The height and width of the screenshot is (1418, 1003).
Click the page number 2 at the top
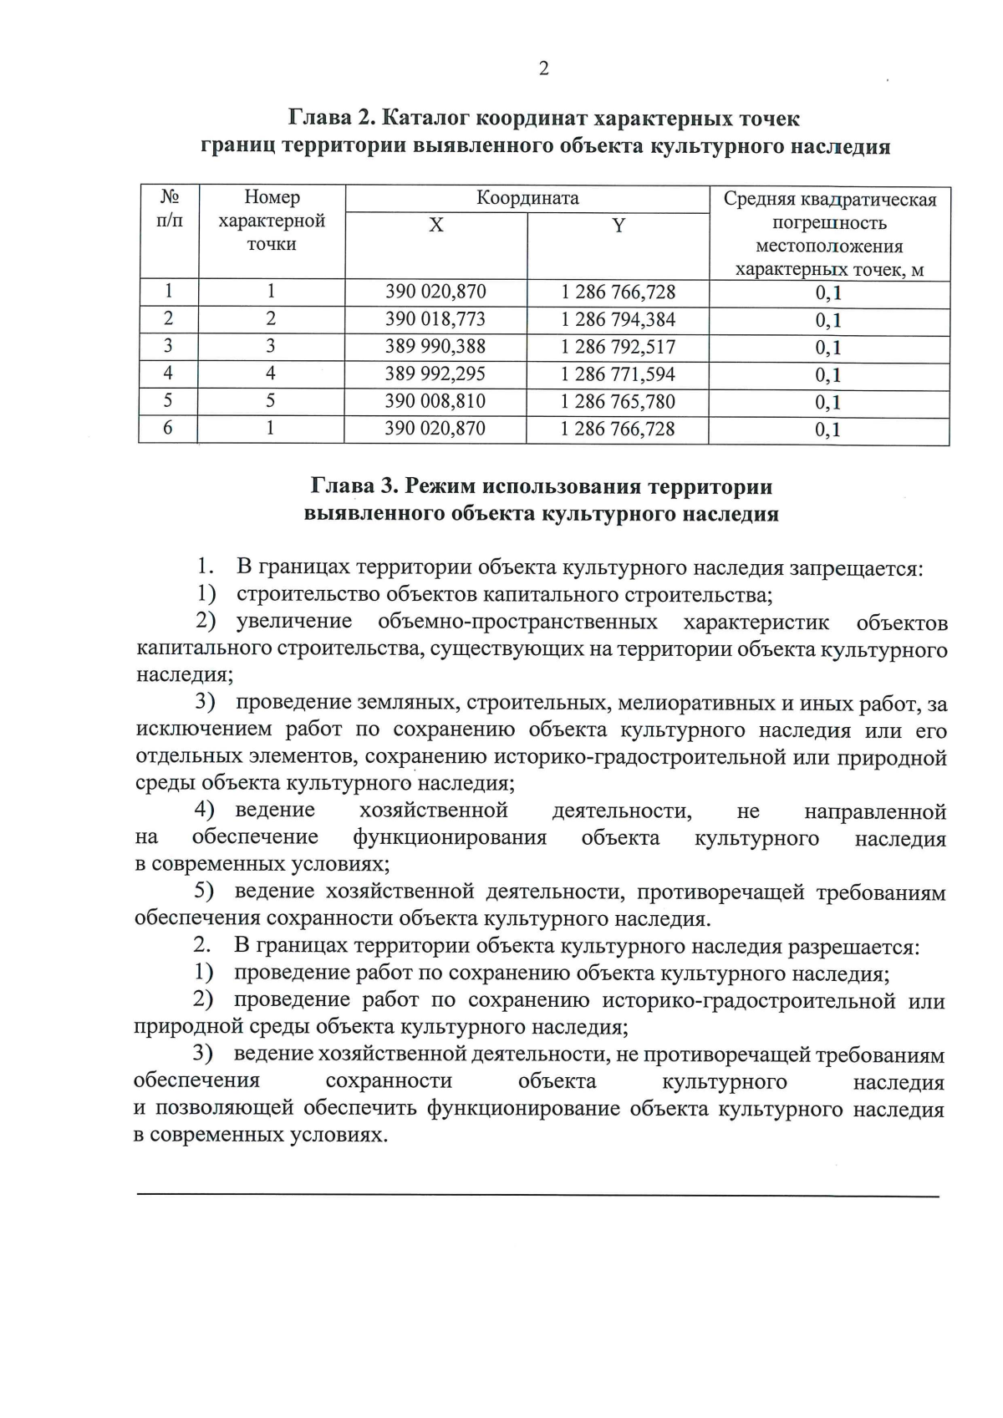pos(544,69)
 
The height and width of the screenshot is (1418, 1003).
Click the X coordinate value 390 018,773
pos(435,319)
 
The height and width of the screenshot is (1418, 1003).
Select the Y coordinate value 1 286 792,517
pos(618,347)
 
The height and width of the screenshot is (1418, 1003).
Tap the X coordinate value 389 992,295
pos(435,374)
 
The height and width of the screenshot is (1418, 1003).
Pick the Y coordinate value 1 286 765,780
pos(618,401)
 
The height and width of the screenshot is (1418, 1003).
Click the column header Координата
pos(527,198)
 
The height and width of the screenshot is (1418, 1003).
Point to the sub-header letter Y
pos(619,226)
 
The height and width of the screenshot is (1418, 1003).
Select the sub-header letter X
pos(436,226)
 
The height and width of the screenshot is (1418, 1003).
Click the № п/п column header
pos(170,209)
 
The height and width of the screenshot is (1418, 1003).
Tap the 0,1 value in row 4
pos(828,375)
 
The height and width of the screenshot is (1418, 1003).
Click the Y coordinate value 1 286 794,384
pos(618,319)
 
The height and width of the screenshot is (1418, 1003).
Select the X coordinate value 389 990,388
pos(435,346)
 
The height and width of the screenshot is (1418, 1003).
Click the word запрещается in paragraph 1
pos(855,568)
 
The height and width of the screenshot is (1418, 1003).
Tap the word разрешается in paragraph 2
pos(853,947)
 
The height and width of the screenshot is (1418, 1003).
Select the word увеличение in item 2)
pos(294,623)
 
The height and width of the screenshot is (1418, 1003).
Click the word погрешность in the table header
pos(829,223)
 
